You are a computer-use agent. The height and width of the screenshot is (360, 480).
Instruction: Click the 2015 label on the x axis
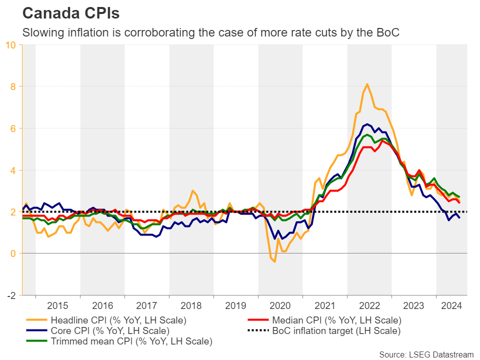coord(57,306)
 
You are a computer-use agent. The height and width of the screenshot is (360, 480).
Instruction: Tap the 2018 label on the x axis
coord(191,306)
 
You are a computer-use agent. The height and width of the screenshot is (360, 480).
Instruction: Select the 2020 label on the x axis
coord(280,306)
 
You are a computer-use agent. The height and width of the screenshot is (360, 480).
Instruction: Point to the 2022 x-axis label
coord(369,306)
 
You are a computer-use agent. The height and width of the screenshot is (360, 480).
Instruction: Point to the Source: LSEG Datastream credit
coord(426,354)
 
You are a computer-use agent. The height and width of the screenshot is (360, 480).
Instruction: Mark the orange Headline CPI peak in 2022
coord(367,84)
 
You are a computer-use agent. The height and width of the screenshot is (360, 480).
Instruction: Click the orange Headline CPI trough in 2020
coord(274,261)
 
